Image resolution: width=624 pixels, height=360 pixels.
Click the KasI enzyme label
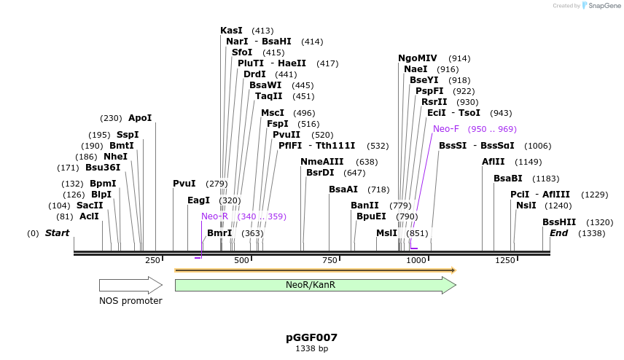click(x=232, y=31)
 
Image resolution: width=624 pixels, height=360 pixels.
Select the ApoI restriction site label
click(x=140, y=118)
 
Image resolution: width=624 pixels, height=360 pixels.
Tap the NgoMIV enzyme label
click(x=418, y=58)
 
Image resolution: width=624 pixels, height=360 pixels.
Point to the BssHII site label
click(x=559, y=222)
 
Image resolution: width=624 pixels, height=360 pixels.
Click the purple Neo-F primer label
click(x=446, y=129)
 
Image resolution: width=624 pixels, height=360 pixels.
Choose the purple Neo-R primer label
click(x=215, y=216)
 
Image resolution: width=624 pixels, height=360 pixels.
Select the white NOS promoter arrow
click(x=130, y=285)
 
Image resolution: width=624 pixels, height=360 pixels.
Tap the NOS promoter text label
click(x=130, y=301)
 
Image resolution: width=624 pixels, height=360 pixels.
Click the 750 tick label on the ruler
click(x=329, y=260)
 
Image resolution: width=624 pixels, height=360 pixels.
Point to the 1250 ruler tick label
click(x=505, y=260)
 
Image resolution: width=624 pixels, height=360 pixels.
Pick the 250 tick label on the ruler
click(x=152, y=260)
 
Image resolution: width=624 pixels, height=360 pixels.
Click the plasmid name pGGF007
click(x=311, y=337)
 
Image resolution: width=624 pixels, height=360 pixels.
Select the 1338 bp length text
click(x=311, y=349)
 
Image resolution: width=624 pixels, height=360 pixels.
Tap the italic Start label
click(x=58, y=233)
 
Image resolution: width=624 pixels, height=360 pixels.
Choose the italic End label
click(x=559, y=233)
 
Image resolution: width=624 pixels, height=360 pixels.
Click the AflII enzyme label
click(x=494, y=162)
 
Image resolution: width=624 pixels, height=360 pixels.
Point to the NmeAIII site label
click(x=322, y=162)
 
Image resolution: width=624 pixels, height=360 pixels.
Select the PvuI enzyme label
click(x=184, y=184)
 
